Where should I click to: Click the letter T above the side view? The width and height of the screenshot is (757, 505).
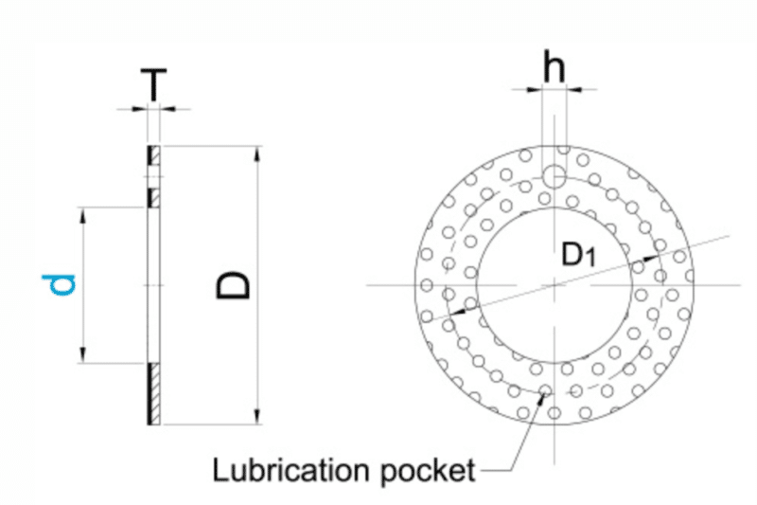click(154, 86)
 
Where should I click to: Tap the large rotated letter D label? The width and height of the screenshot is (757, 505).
click(233, 284)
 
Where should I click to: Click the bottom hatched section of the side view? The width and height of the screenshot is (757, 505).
click(154, 393)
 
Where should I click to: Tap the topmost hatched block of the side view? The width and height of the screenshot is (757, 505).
click(154, 153)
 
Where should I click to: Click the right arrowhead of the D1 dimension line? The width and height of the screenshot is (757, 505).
click(658, 255)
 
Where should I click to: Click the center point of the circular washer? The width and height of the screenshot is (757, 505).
click(555, 284)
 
